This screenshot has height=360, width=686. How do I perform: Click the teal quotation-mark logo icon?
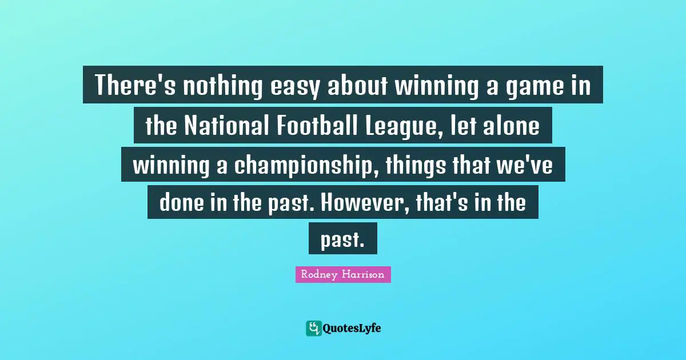click(313, 328)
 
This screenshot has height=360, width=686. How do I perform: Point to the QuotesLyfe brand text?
click(352, 328)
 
